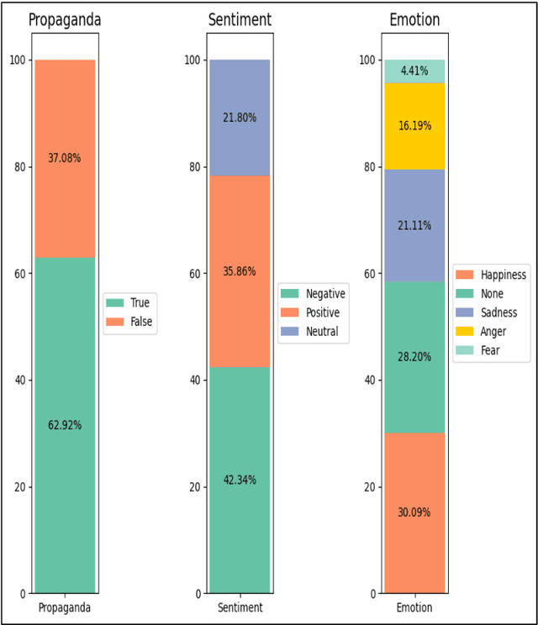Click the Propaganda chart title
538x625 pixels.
click(65, 18)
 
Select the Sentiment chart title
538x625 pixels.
click(240, 18)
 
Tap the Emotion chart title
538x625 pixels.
click(414, 18)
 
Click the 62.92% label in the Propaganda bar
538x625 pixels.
click(65, 425)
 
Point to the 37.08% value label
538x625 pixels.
click(65, 157)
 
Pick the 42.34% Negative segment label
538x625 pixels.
click(240, 480)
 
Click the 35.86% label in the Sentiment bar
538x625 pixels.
click(240, 271)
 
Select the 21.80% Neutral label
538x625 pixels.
click(240, 118)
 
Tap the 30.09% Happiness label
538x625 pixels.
click(414, 512)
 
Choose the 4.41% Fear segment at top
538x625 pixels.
click(414, 71)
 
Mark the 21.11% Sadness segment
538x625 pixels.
click(414, 224)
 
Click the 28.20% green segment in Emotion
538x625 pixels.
click(414, 356)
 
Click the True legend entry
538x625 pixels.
click(138, 302)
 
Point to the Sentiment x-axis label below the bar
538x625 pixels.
click(240, 607)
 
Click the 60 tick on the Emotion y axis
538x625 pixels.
click(367, 273)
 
